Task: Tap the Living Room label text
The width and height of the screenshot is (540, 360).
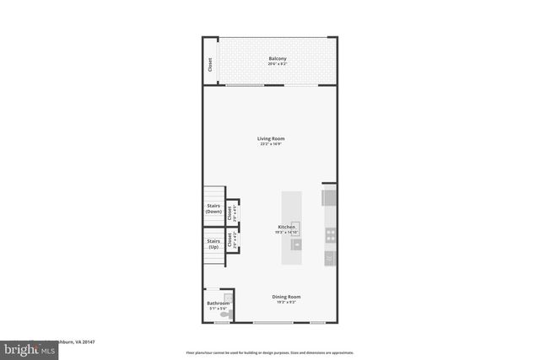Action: click(x=271, y=138)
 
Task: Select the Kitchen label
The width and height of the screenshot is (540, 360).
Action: click(x=286, y=227)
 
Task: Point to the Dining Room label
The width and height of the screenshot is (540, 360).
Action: click(x=286, y=296)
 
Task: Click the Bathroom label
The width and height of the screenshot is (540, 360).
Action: click(x=218, y=304)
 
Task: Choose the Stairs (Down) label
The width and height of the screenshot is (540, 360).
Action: click(x=213, y=208)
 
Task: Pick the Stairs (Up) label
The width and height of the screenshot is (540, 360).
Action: click(x=213, y=244)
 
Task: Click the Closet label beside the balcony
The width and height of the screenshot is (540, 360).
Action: click(x=210, y=65)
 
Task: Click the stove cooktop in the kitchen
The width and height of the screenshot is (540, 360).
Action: click(x=331, y=235)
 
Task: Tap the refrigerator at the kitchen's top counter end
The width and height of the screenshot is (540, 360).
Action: click(x=329, y=198)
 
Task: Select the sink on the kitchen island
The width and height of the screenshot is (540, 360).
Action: click(x=296, y=244)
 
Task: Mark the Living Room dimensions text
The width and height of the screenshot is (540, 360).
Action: click(x=271, y=144)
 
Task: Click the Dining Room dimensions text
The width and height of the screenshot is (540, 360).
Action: click(x=286, y=302)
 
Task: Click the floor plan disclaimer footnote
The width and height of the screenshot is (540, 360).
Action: click(x=270, y=352)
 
